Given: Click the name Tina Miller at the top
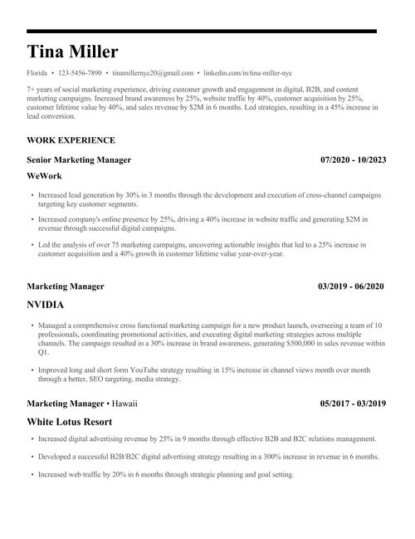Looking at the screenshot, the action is pos(72,52).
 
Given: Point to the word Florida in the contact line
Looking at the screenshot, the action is pos(37,73).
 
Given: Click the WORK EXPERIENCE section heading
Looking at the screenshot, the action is pos(71,140).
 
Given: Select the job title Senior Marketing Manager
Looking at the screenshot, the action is pos(79,159).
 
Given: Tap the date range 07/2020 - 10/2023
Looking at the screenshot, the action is pos(353,159).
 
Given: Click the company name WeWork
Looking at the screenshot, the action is pos(44,176).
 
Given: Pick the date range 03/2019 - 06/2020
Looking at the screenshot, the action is pos(351,287).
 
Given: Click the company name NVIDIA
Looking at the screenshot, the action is pos(46,305).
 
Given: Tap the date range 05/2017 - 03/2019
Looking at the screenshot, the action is pos(353,404).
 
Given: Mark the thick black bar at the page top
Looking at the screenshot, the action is pos(207,31).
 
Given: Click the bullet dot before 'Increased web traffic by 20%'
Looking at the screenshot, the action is pos(32,474).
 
